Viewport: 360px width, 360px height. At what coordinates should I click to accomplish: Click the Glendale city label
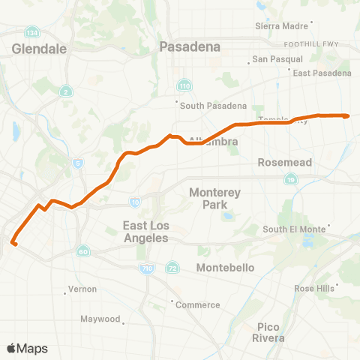(x=40, y=49)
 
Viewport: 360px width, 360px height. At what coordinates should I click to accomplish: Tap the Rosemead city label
(x=279, y=162)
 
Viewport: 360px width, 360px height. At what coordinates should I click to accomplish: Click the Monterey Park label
(x=214, y=198)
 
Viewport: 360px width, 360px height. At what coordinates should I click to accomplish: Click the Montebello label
(x=225, y=268)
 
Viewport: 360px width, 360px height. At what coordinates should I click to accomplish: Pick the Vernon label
(x=82, y=289)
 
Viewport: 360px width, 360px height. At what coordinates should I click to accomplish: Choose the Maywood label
(x=100, y=319)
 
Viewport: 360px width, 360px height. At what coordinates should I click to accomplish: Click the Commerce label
(x=197, y=304)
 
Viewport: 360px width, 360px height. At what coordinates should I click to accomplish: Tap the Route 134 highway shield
(x=31, y=34)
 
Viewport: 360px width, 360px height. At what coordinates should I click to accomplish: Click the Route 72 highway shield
(x=172, y=268)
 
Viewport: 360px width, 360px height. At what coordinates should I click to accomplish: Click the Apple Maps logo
(x=27, y=348)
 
